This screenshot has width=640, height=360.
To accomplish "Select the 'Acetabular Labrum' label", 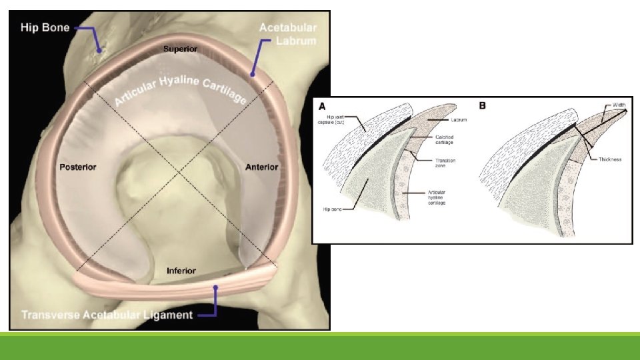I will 288,34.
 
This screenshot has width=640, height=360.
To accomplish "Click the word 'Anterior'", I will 261,166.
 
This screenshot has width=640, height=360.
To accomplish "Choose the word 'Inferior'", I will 181,271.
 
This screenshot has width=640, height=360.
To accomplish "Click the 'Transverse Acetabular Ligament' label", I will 107,314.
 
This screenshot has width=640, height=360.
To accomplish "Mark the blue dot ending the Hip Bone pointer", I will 99,49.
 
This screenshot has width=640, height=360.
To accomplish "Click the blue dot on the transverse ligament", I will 215,287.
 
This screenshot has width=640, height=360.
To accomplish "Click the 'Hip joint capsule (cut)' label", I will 330,120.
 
